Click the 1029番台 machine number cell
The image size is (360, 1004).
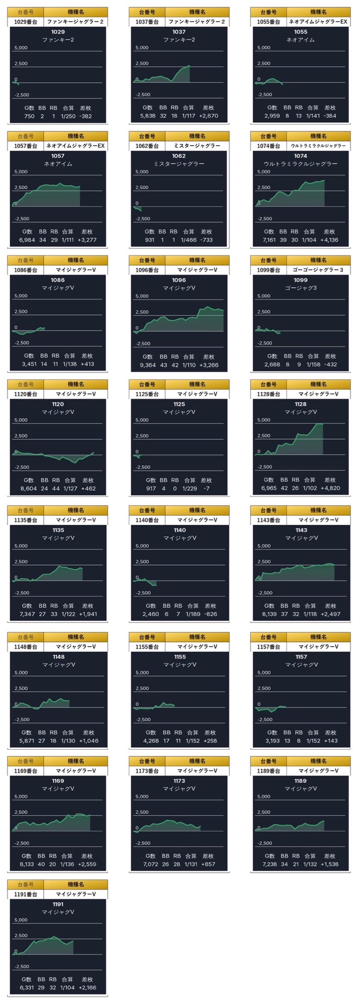[x=26, y=22]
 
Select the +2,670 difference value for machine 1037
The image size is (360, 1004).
[x=208, y=116]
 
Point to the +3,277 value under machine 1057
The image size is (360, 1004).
[x=87, y=240]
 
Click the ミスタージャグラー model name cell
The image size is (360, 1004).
[x=196, y=146]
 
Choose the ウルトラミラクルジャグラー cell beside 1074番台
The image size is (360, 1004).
[x=318, y=146]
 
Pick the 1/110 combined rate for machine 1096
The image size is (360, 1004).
[x=188, y=365]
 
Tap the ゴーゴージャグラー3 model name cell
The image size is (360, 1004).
[x=318, y=270]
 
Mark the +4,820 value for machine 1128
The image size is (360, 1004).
[x=330, y=488]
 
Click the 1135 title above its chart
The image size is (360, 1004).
[x=58, y=530]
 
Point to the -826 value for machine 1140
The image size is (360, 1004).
[x=210, y=614]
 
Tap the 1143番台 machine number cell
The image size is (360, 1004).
[x=268, y=520]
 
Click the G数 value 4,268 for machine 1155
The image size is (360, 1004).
[x=151, y=741]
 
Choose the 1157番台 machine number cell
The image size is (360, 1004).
[x=268, y=647]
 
